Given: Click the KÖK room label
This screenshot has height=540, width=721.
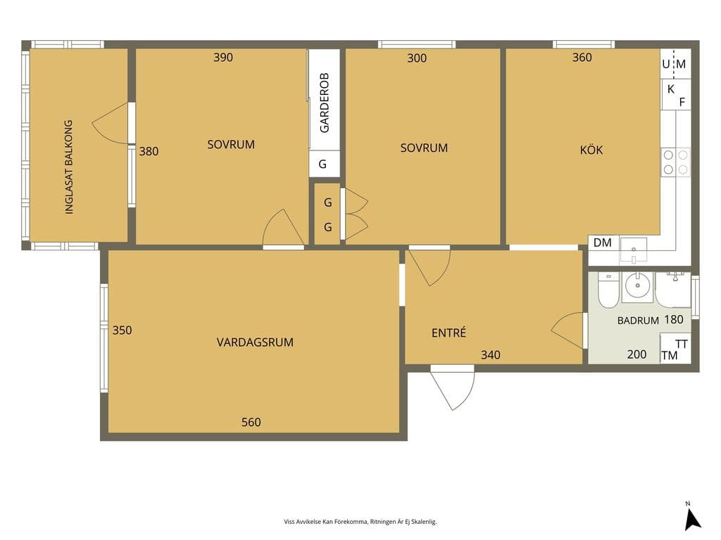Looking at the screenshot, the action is [591, 150].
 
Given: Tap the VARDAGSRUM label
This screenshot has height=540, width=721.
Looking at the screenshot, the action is [255, 342].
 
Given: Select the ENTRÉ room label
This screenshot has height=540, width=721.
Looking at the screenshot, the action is [449, 333].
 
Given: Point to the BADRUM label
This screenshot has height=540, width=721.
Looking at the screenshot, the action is [638, 321].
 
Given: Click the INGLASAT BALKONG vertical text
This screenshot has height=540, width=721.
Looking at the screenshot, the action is [69, 167].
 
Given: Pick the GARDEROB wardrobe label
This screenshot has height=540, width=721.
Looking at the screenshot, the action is [325, 103].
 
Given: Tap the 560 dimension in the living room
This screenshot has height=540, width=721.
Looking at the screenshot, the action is [251, 422].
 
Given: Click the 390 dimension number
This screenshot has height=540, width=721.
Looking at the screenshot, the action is [223, 58].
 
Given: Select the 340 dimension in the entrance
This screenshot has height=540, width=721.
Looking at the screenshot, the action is [491, 354].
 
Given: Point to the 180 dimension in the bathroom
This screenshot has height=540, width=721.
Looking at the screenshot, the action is [674, 319].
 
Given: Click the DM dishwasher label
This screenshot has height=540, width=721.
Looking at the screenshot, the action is [603, 243].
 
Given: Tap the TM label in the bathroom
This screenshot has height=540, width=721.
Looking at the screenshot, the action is [670, 355].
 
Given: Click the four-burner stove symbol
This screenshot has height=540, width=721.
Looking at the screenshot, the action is [675, 162].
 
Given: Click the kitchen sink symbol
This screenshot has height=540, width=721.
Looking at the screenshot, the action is [633, 250].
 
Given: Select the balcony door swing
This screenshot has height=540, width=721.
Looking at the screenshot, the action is [111, 123].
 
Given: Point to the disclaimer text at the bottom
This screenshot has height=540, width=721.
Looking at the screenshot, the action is [360, 522].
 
